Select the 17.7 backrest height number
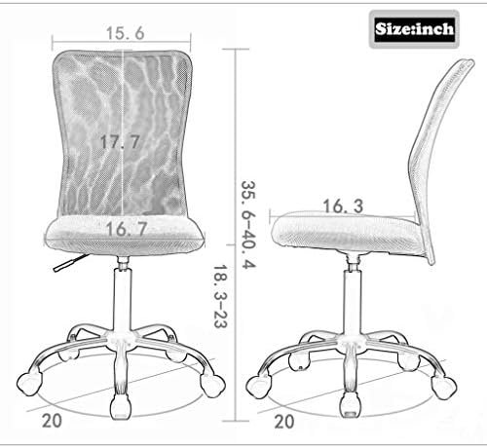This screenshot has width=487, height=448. (x=120, y=141)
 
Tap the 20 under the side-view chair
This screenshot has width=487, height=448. (x=284, y=423)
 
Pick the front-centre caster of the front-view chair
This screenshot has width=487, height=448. (x=122, y=401)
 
